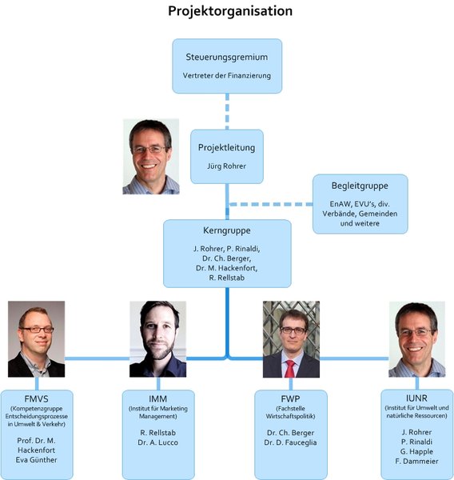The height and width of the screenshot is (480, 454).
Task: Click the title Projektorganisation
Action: pos(230,11)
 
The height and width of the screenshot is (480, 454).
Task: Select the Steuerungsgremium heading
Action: pos(227,58)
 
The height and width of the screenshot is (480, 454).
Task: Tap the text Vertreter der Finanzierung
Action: pos(227,75)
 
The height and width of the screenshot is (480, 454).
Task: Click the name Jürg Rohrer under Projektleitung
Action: pos(226,166)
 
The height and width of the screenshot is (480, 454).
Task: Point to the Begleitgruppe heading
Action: pos(360,186)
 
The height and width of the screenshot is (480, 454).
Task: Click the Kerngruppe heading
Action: pos(227,230)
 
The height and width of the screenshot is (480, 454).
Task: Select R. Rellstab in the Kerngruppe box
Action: pos(227,278)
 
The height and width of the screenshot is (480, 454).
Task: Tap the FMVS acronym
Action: pos(37,399)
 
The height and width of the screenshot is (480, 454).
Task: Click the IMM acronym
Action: pos(157,399)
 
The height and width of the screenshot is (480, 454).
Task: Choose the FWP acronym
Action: pos(290,399)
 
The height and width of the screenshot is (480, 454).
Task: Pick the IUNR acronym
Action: pos(416,398)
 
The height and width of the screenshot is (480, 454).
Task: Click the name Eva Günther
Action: pos(37,460)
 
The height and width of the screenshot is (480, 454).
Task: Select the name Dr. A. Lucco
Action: pos(157,442)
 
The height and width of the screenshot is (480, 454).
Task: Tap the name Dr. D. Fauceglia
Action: pos(290,442)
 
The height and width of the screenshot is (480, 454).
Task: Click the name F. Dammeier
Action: pos(416,461)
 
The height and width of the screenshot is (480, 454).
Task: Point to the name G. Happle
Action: pos(416,451)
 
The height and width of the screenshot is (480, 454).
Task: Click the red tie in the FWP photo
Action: pos(289,369)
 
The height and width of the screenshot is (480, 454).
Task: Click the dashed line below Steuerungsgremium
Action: pos(227,111)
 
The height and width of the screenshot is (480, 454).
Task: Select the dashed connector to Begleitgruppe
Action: pos(271,204)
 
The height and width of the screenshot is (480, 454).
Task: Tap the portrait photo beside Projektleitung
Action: pos(151,157)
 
